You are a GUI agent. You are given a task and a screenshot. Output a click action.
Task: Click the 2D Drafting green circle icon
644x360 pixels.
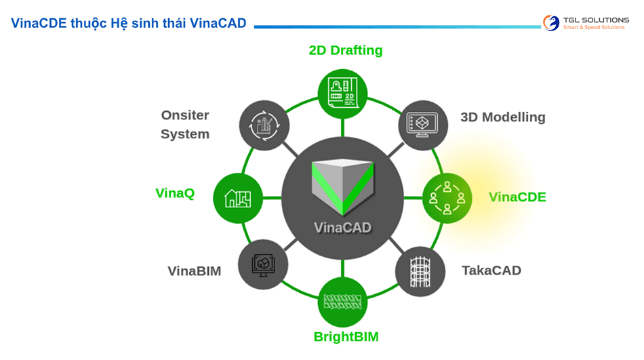[342, 94]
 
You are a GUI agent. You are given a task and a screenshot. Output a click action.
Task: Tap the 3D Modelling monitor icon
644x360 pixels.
[422, 124]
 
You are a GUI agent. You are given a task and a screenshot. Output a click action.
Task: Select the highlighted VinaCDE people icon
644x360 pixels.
[447, 198]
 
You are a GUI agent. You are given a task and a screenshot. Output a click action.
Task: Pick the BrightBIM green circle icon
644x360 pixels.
[342, 302]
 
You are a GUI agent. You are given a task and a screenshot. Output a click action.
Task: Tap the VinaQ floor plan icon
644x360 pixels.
[238, 198]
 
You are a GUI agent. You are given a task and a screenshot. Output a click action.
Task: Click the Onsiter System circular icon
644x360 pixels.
[264, 125]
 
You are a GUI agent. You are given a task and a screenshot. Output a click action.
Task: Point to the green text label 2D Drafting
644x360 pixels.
[345, 50]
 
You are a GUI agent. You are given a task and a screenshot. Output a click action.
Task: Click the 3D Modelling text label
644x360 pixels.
[502, 117]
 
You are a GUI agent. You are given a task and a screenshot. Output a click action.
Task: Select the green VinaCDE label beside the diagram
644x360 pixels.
[517, 197]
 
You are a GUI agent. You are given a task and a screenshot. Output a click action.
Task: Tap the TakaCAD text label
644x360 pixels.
[491, 271]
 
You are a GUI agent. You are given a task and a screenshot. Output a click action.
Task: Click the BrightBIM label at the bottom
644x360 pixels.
[346, 337]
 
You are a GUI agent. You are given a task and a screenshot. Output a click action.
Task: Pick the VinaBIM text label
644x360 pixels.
[195, 271]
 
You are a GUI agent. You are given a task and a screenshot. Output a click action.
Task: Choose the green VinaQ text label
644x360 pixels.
[175, 193]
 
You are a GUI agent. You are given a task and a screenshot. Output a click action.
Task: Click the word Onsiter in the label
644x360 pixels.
[185, 115]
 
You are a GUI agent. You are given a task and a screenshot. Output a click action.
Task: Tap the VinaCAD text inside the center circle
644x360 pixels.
[342, 227]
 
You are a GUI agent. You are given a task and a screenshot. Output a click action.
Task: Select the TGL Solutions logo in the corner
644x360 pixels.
[586, 23]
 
